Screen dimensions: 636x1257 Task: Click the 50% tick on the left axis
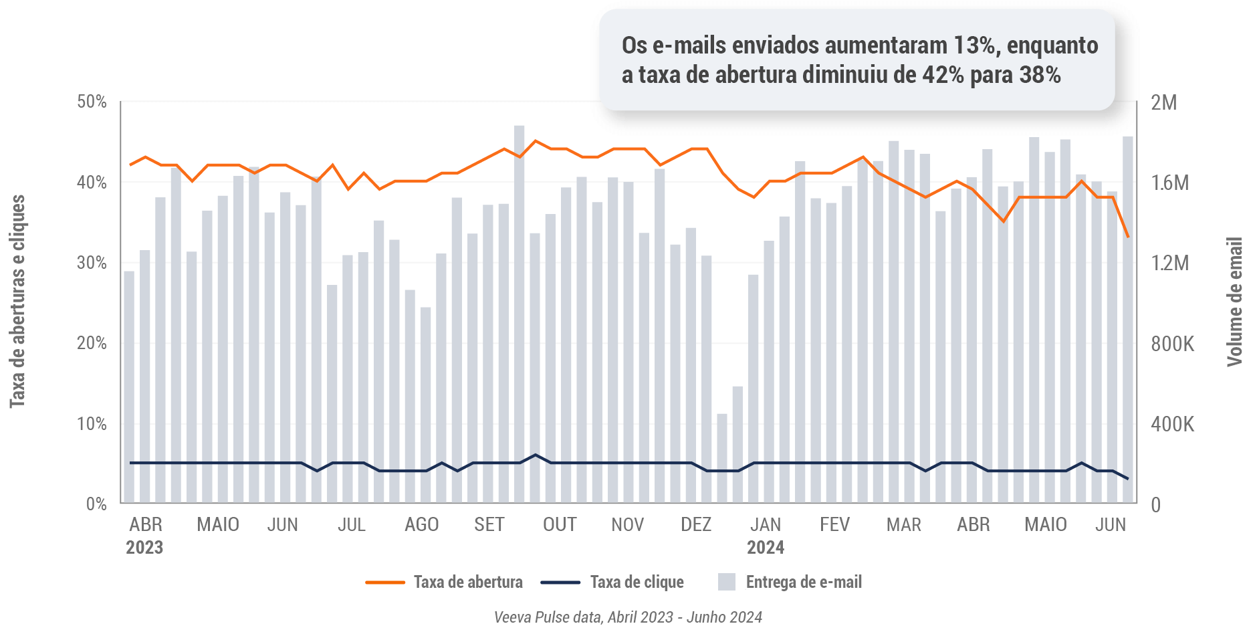(x=92, y=102)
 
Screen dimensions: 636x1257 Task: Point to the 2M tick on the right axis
(x=1163, y=102)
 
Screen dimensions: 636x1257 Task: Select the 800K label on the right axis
(x=1172, y=344)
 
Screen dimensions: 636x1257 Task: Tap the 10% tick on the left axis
(x=92, y=424)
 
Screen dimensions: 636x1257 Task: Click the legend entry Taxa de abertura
(x=467, y=582)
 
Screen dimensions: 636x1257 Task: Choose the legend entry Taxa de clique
(x=637, y=582)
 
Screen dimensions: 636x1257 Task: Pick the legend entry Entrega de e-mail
(x=803, y=582)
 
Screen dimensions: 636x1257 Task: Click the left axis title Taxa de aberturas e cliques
(x=17, y=301)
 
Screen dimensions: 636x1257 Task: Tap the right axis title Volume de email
(x=1234, y=301)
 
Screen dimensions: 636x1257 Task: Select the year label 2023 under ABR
(x=144, y=548)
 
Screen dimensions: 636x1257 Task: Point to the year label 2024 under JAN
(x=766, y=548)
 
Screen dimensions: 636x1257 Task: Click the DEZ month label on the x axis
(x=696, y=524)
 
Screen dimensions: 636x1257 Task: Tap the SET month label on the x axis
(x=489, y=524)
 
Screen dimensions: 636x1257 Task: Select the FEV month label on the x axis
(x=834, y=524)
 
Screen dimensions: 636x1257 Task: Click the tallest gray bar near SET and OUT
(x=520, y=314)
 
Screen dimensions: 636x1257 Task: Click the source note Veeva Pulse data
(x=628, y=617)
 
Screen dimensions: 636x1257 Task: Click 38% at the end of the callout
(x=1040, y=75)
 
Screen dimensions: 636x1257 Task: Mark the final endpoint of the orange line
(x=1128, y=237)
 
